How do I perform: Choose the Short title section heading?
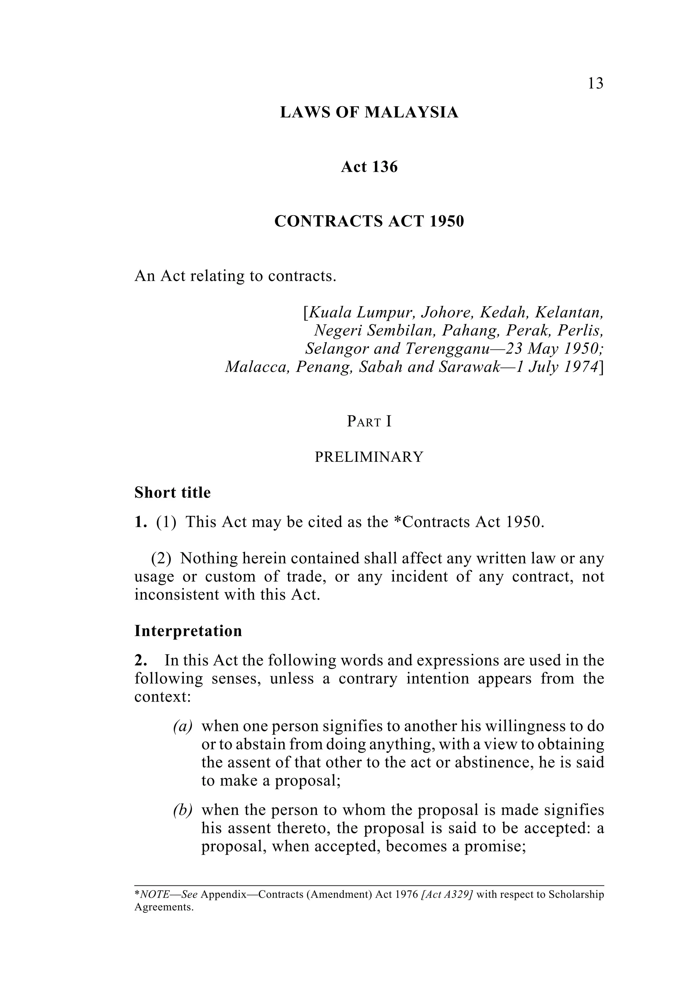(172, 492)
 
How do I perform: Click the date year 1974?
(580, 366)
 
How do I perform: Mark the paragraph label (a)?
(182, 727)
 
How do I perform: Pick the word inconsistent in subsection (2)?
(172, 595)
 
